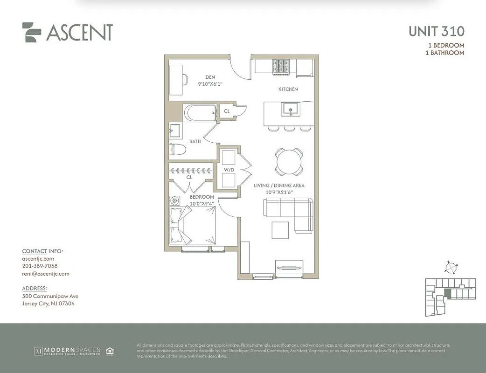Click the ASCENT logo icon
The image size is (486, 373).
point(32,32)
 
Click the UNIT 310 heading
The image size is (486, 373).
point(436,32)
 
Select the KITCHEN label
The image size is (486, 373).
point(288,89)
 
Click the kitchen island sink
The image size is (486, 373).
point(289,109)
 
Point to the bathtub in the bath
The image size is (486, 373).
point(200,112)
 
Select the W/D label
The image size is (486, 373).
point(228,170)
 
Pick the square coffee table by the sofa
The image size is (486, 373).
point(280,229)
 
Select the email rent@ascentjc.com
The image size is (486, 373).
point(46,274)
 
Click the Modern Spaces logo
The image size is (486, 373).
point(74,351)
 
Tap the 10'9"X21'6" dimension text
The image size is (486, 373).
point(279,192)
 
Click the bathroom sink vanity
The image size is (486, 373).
point(176,130)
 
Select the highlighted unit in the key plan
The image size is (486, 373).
point(448,293)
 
